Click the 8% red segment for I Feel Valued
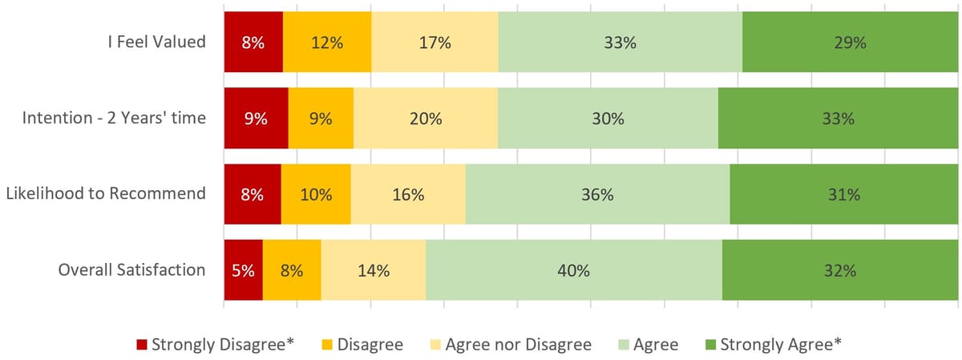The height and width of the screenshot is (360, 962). pyautogui.click(x=253, y=42)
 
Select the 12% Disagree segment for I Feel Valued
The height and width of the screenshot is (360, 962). pyautogui.click(x=327, y=42)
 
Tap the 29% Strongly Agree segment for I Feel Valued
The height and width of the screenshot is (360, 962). pyautogui.click(x=850, y=42)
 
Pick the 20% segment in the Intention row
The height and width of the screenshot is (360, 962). pyautogui.click(x=426, y=119)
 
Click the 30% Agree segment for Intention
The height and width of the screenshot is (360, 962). pyautogui.click(x=608, y=119)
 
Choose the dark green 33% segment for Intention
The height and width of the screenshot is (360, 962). pyautogui.click(x=838, y=119)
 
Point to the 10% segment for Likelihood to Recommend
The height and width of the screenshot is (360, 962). pyautogui.click(x=316, y=194)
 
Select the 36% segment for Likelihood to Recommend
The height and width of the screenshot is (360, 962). pyautogui.click(x=597, y=194)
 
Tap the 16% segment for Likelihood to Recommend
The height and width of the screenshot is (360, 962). pyautogui.click(x=408, y=194)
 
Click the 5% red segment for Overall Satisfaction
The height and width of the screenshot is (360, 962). pyautogui.click(x=243, y=270)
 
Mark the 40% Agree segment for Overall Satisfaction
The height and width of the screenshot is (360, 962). pyautogui.click(x=574, y=270)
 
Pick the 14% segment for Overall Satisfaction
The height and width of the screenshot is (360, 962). pyautogui.click(x=374, y=270)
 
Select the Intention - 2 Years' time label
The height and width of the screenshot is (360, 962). pyautogui.click(x=114, y=119)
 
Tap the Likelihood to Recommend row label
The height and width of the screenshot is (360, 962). pyautogui.click(x=106, y=194)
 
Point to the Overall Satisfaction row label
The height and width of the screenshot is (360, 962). pyautogui.click(x=131, y=270)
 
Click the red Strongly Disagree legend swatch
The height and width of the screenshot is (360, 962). pyautogui.click(x=142, y=345)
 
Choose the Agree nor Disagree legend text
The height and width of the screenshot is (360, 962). pyautogui.click(x=518, y=345)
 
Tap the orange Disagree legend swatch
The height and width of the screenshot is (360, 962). pyautogui.click(x=327, y=345)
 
